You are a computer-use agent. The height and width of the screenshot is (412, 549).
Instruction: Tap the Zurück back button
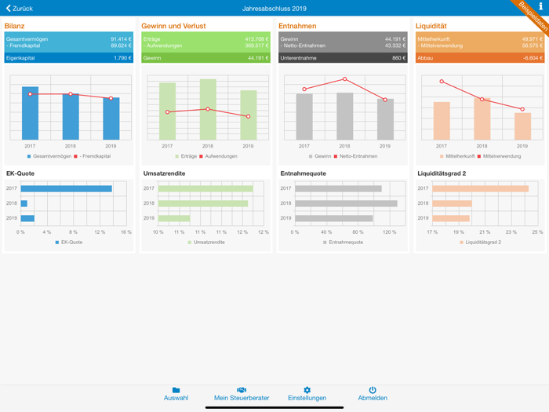tap(20, 8)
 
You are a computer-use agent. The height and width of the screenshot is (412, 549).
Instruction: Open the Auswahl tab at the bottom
tap(176, 394)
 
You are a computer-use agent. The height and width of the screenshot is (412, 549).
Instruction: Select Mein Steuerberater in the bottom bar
tap(242, 394)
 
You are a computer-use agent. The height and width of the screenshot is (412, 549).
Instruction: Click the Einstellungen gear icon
tap(307, 390)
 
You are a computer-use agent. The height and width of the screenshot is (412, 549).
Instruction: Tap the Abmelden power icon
tap(373, 390)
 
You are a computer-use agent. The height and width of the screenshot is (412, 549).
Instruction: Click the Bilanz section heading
tap(15, 26)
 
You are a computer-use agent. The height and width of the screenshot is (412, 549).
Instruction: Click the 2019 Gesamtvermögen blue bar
tap(111, 118)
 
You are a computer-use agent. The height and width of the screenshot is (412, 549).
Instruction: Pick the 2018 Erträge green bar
tap(208, 110)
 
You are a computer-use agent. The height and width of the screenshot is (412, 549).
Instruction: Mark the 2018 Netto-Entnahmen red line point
tap(344, 79)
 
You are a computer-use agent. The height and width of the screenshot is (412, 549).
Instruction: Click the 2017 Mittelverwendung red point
tap(442, 82)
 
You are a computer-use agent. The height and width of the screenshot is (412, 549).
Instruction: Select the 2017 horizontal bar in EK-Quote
tap(67, 188)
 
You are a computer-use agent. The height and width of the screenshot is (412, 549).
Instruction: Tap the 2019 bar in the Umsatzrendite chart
tap(174, 218)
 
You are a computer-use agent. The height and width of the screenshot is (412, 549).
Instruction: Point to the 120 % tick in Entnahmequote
tap(390, 232)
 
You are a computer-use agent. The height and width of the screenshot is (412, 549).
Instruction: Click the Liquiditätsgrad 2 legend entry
tap(482, 242)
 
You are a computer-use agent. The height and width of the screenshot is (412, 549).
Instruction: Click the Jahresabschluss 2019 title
tap(274, 8)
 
